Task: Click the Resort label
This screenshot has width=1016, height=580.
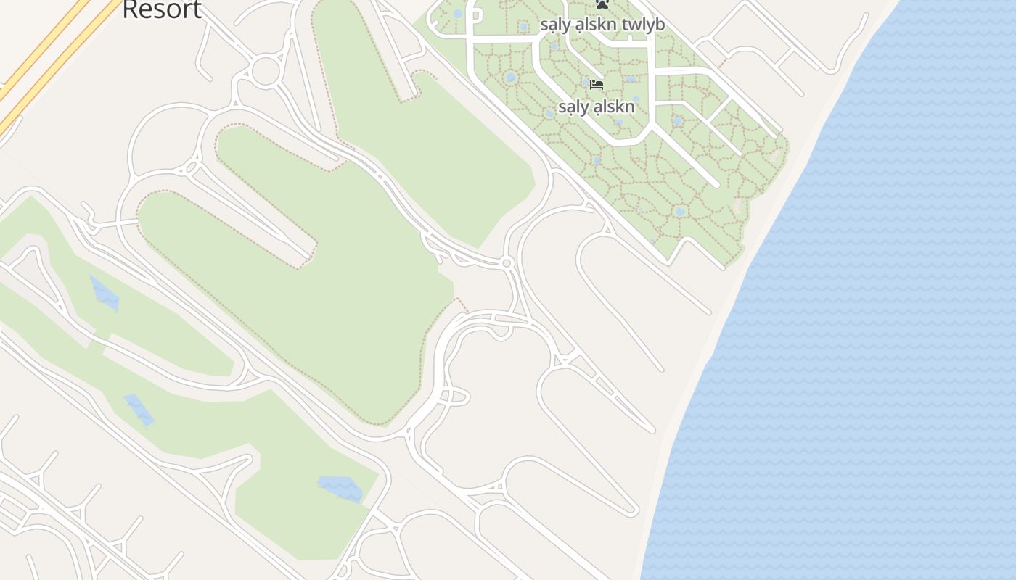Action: pyautogui.click(x=162, y=9)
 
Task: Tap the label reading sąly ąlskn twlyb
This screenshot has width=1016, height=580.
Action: pyautogui.click(x=602, y=25)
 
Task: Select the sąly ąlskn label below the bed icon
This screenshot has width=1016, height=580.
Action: pyautogui.click(x=597, y=107)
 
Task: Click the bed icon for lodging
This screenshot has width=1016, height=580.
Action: pyautogui.click(x=597, y=85)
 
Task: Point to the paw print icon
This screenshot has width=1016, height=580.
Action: pyautogui.click(x=602, y=4)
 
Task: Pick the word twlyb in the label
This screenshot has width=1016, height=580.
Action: pyautogui.click(x=644, y=25)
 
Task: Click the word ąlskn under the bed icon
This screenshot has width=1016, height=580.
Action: pyautogui.click(x=615, y=107)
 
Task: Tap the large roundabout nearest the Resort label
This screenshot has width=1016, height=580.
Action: pyautogui.click(x=266, y=70)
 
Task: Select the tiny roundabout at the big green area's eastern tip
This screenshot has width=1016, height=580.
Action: pyautogui.click(x=507, y=262)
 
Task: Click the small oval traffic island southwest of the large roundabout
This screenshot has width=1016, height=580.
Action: pyautogui.click(x=192, y=167)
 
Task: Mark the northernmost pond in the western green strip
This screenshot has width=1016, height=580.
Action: pyautogui.click(x=105, y=293)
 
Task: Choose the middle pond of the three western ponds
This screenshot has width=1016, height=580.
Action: pyautogui.click(x=139, y=410)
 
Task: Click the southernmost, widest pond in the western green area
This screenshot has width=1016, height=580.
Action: pyautogui.click(x=340, y=489)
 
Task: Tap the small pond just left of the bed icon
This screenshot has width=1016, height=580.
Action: pyautogui.click(x=585, y=83)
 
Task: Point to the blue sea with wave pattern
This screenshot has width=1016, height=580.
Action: pyautogui.click(x=871, y=326)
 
